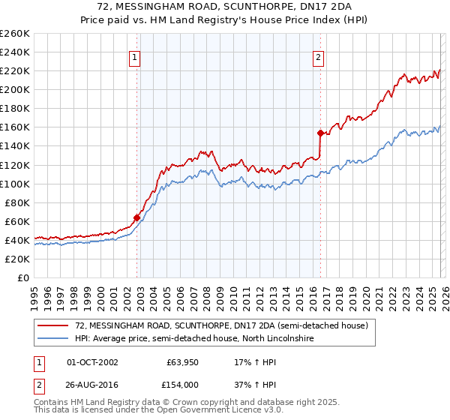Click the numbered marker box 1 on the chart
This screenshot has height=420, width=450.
click(x=134, y=57)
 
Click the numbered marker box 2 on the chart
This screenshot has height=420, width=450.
click(x=318, y=57)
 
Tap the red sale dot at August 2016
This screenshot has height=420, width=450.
click(x=320, y=133)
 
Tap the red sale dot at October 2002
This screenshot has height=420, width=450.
click(x=137, y=218)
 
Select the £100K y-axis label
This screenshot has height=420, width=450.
click(x=15, y=184)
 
